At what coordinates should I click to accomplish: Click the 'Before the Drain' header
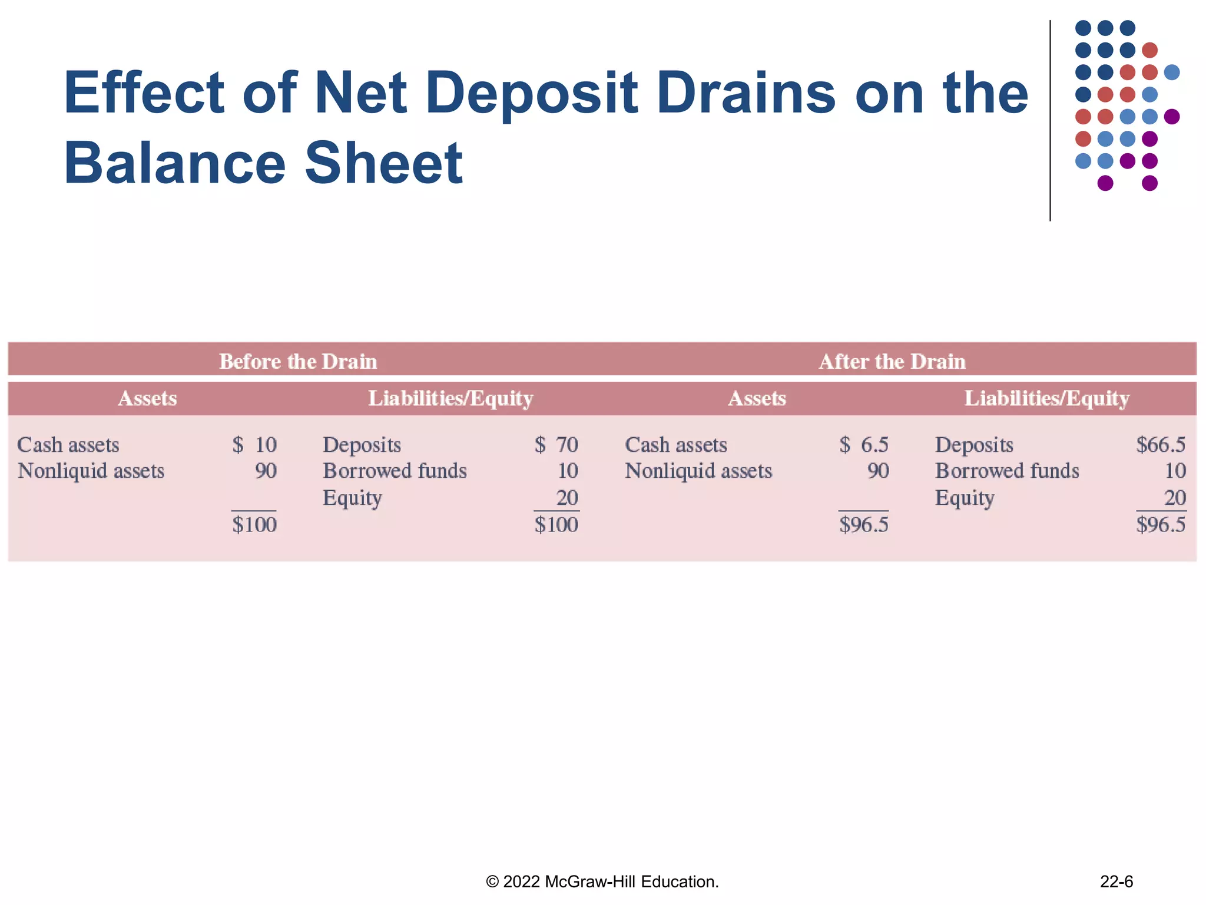pyautogui.click(x=298, y=361)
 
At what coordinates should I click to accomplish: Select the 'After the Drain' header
pyautogui.click(x=892, y=361)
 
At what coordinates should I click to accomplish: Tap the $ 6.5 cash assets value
pyautogui.click(x=863, y=445)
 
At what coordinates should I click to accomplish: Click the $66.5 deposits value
pyautogui.click(x=1160, y=445)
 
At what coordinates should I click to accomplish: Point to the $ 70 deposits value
pyautogui.click(x=556, y=445)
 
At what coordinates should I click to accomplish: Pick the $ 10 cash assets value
pyautogui.click(x=254, y=445)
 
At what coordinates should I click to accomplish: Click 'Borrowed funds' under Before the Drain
pyautogui.click(x=395, y=471)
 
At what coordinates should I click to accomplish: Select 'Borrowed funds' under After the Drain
pyautogui.click(x=1007, y=471)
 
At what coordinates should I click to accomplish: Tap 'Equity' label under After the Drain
pyautogui.click(x=965, y=498)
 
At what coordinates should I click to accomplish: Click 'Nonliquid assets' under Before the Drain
pyautogui.click(x=91, y=471)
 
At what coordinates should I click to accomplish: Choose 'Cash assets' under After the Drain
pyautogui.click(x=676, y=445)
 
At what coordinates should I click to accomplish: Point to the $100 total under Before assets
pyautogui.click(x=254, y=524)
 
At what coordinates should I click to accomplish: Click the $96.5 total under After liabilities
pyautogui.click(x=1160, y=524)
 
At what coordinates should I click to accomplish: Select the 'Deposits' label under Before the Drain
pyautogui.click(x=362, y=445)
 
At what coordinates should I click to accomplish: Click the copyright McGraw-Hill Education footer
pyautogui.click(x=602, y=881)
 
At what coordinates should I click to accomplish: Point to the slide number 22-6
pyautogui.click(x=1116, y=881)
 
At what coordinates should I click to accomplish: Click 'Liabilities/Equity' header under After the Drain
pyautogui.click(x=1046, y=399)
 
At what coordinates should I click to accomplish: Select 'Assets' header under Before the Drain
pyautogui.click(x=147, y=399)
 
